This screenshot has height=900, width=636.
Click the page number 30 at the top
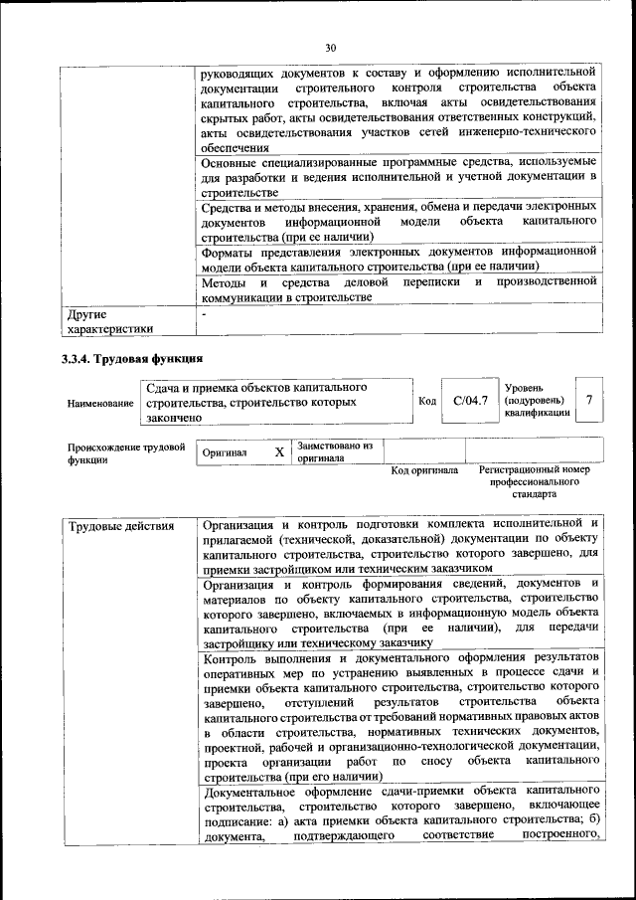[331, 47]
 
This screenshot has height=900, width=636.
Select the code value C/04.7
[470, 401]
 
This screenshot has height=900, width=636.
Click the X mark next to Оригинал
[279, 452]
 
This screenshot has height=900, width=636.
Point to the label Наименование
[100, 403]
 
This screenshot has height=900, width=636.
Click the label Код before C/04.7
[427, 401]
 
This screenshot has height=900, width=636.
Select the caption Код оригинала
[424, 470]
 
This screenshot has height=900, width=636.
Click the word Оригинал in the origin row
[225, 453]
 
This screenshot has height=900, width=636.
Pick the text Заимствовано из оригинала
[335, 452]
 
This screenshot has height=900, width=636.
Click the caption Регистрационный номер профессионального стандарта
[534, 481]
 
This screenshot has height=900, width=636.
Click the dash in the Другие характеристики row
[204, 314]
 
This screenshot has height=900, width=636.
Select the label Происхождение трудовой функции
[126, 453]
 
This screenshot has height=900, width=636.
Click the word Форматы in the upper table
[228, 253]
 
